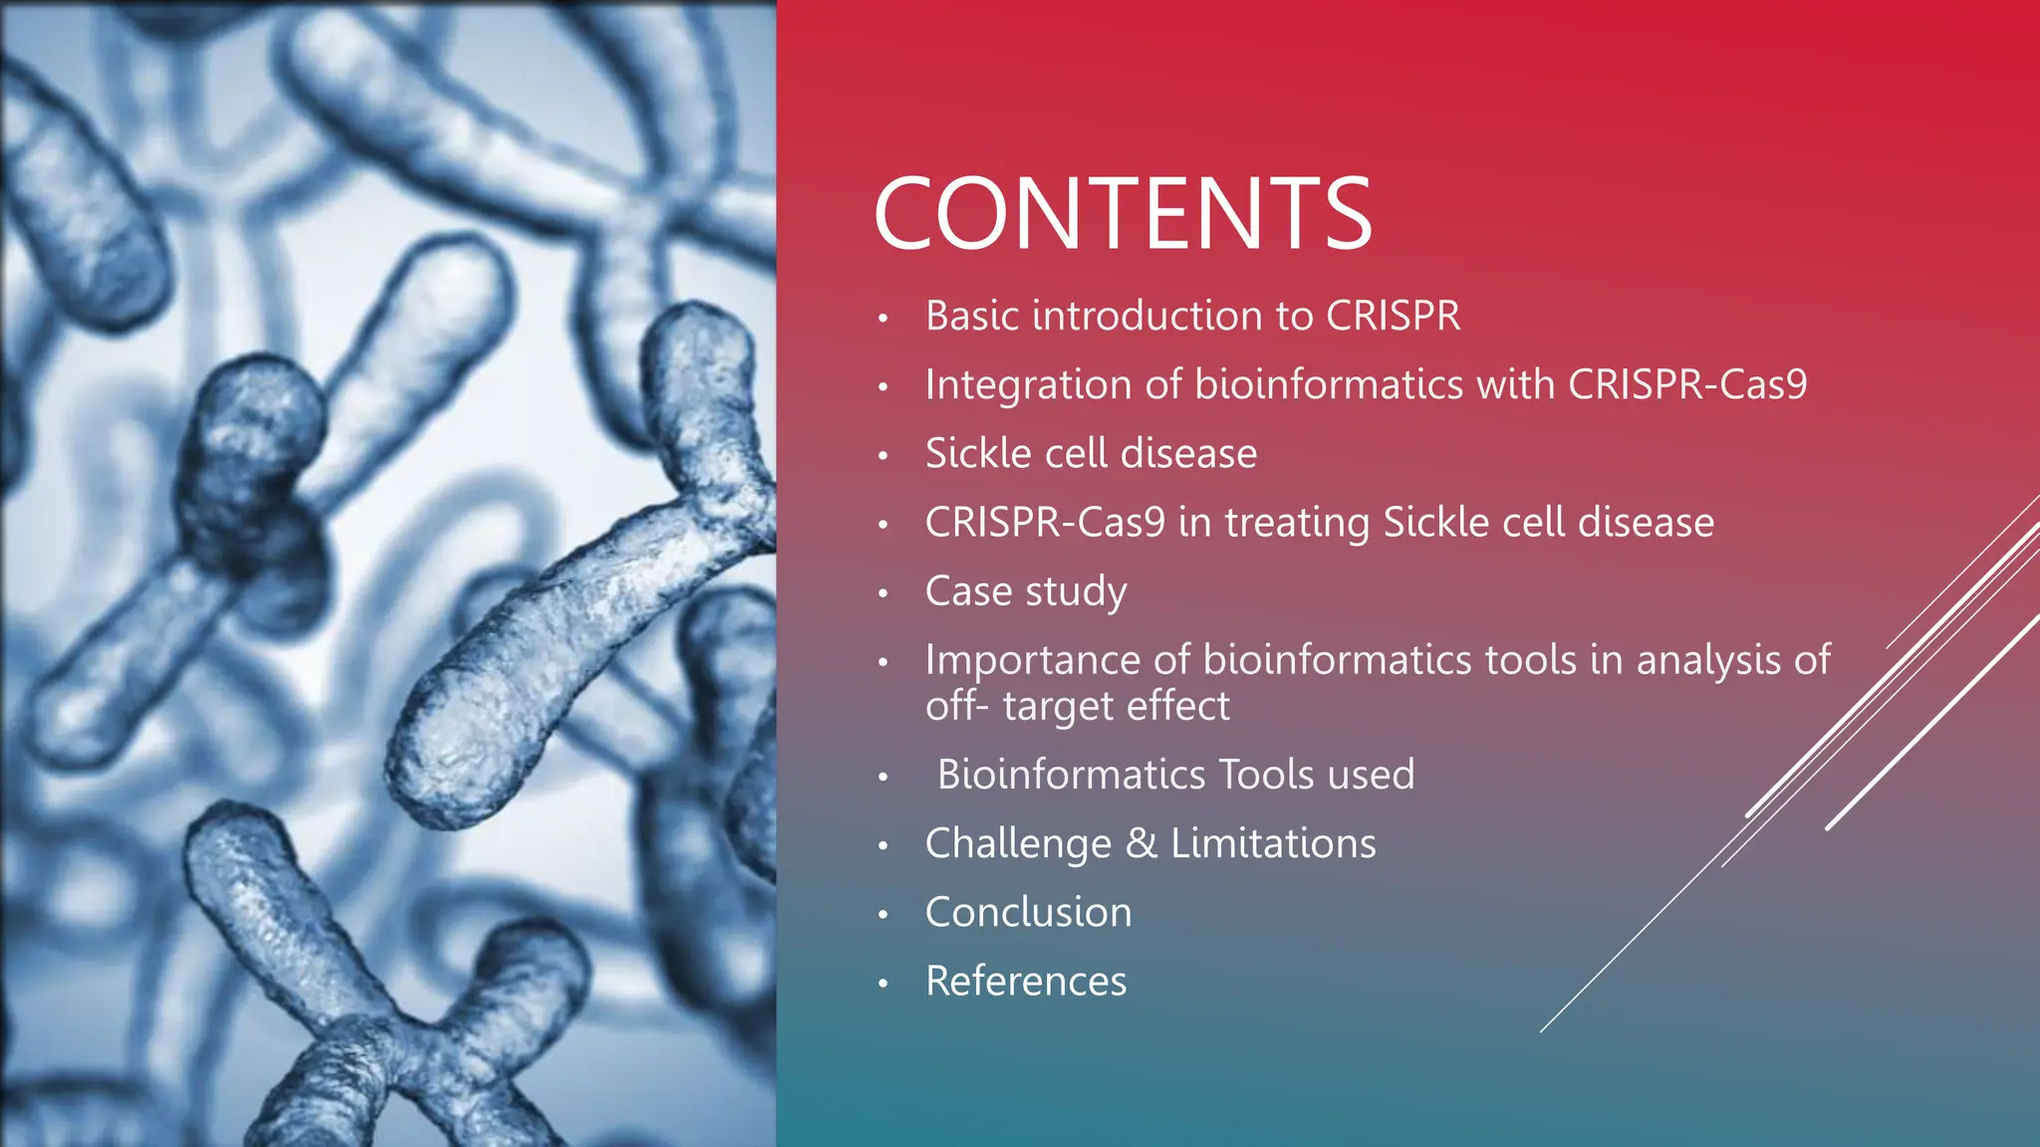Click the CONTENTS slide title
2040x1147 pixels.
coord(1123,214)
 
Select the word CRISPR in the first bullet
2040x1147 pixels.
coord(1393,317)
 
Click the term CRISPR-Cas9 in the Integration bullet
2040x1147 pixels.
coord(1687,385)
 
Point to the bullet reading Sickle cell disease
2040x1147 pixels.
coord(1091,454)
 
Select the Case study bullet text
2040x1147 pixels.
coord(1026,591)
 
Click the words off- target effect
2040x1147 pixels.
coord(1078,707)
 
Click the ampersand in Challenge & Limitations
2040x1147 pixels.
coord(1142,844)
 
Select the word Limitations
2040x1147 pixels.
coord(1273,844)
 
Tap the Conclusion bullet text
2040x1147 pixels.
coord(1028,913)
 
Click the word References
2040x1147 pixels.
coord(1026,982)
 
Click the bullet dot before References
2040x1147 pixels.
coord(883,984)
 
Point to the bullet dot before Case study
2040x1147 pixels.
coord(883,594)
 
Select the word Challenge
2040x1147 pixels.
coord(1018,844)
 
